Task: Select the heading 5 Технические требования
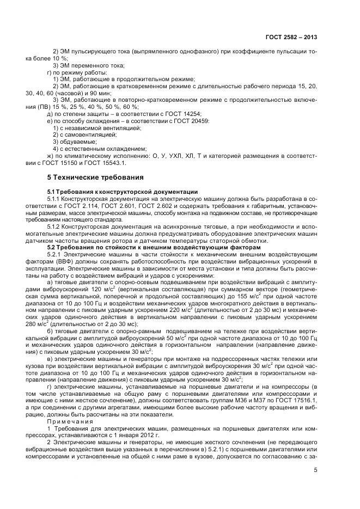point(95,177)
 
